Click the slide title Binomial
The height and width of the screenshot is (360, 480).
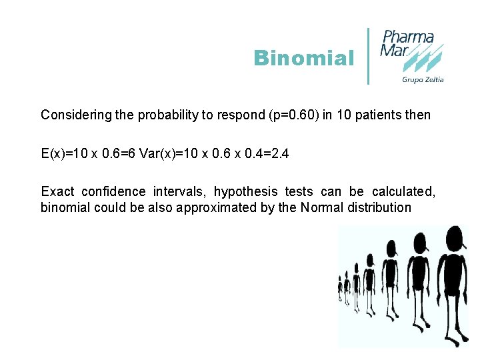pos(303,59)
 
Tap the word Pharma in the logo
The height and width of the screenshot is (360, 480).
pos(408,37)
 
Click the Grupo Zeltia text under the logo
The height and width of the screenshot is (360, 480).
pos(423,80)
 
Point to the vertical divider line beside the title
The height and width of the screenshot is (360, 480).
pos(369,56)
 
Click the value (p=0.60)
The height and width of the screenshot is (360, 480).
pos(283,115)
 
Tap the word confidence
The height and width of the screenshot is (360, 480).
pos(113,192)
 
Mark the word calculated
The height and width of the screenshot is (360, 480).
pos(403,192)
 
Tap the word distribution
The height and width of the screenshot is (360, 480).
pos(379,207)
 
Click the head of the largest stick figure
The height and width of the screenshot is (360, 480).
pos(453,238)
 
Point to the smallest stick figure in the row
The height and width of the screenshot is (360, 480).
pos(340,288)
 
